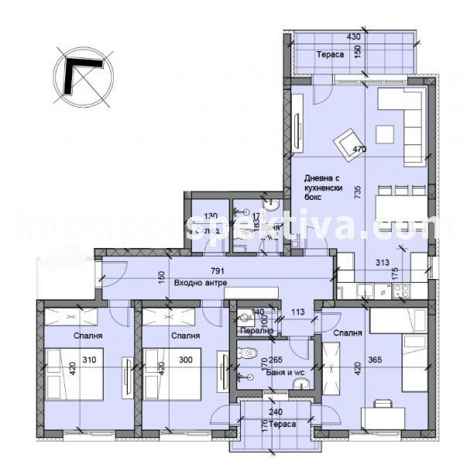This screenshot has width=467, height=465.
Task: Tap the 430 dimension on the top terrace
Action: pyautogui.click(x=354, y=36)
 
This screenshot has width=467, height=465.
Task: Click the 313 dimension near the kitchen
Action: pyautogui.click(x=382, y=262)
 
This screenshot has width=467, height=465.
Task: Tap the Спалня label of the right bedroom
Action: pyautogui.click(x=348, y=333)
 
